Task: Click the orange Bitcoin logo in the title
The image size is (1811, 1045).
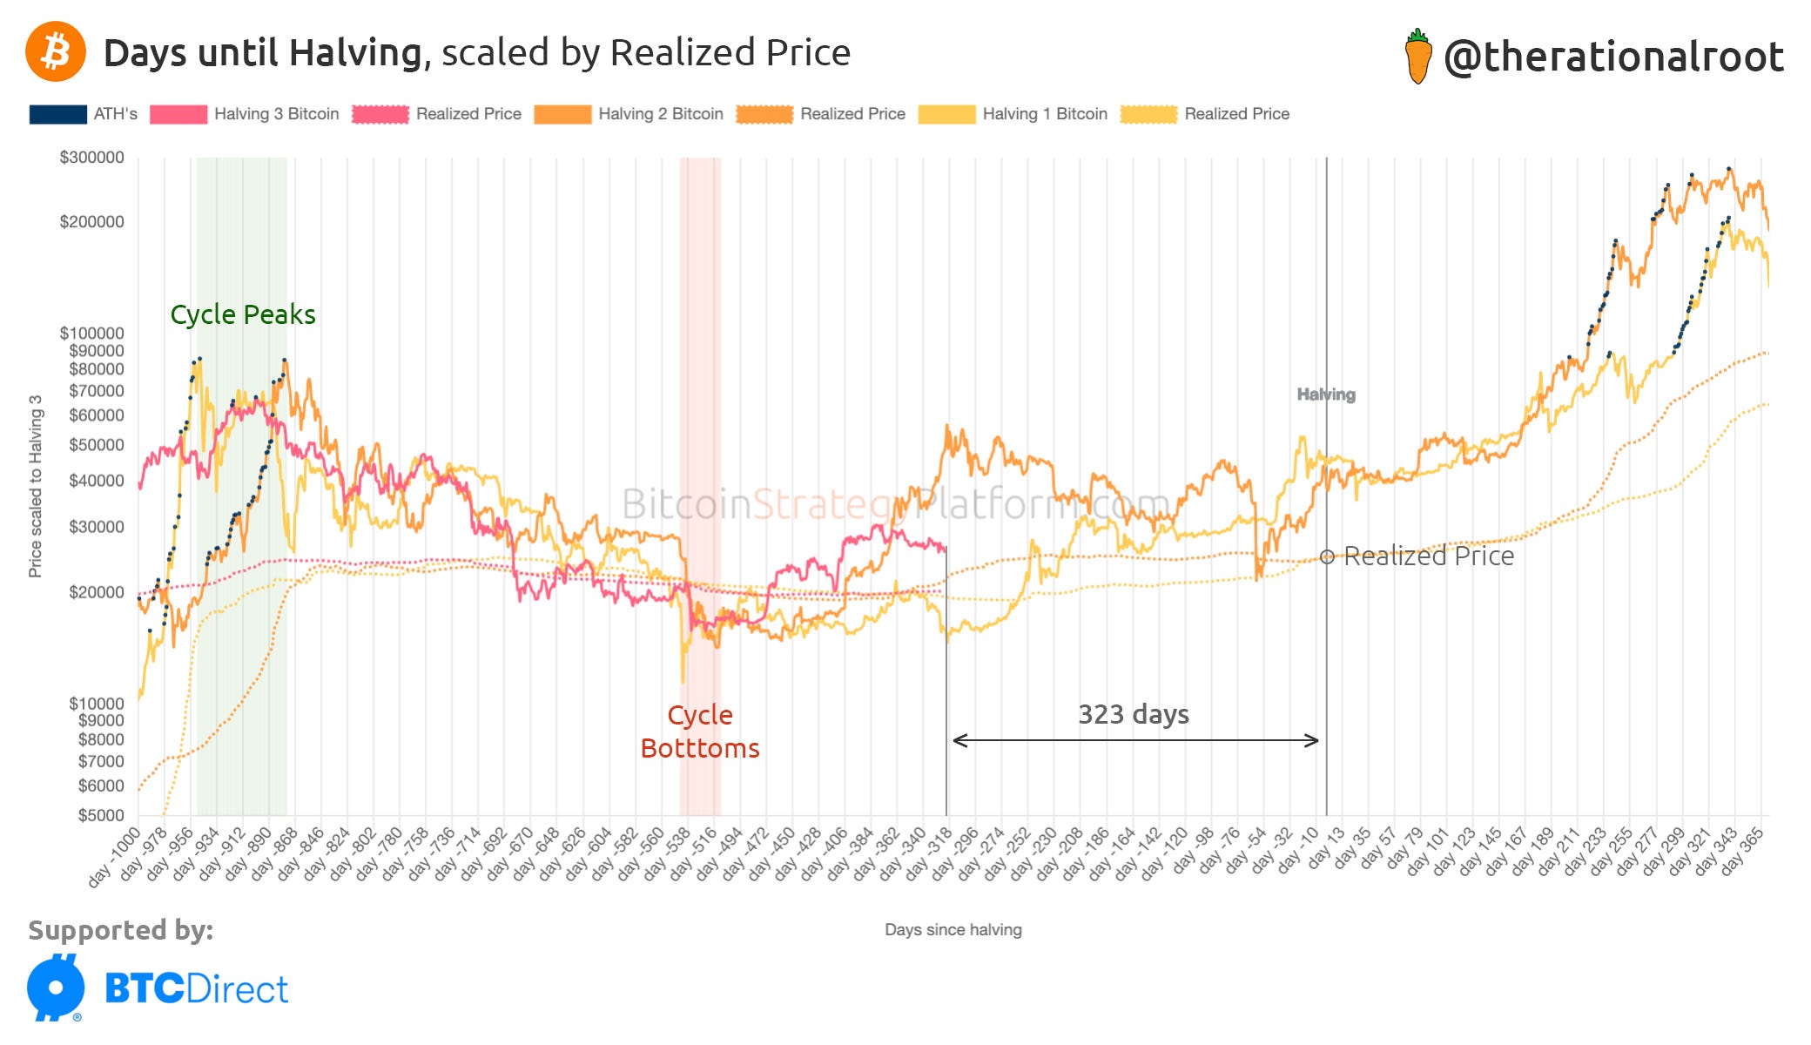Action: pyautogui.click(x=56, y=51)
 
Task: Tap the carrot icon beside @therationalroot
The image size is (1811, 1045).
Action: pyautogui.click(x=1418, y=57)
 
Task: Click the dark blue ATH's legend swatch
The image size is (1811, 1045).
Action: pyautogui.click(x=57, y=114)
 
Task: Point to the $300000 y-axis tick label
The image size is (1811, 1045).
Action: pyautogui.click(x=91, y=158)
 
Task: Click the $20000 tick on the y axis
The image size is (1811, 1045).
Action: pyautogui.click(x=96, y=592)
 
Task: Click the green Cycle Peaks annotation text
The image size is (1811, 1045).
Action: pyautogui.click(x=242, y=314)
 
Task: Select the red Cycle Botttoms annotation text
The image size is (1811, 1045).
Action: pyautogui.click(x=700, y=731)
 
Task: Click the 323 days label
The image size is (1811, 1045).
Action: pyautogui.click(x=1133, y=714)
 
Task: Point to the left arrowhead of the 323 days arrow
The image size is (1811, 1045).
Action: pyautogui.click(x=956, y=741)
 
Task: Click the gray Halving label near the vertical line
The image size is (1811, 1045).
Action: pyautogui.click(x=1325, y=394)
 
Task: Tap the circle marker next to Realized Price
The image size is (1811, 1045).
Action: pyautogui.click(x=1326, y=556)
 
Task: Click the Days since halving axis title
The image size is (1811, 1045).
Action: pyautogui.click(x=953, y=929)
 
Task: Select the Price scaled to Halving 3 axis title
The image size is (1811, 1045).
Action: pyautogui.click(x=35, y=486)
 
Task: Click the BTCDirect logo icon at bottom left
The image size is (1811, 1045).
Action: pyautogui.click(x=56, y=988)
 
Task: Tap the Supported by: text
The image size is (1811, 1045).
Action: pyautogui.click(x=120, y=930)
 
